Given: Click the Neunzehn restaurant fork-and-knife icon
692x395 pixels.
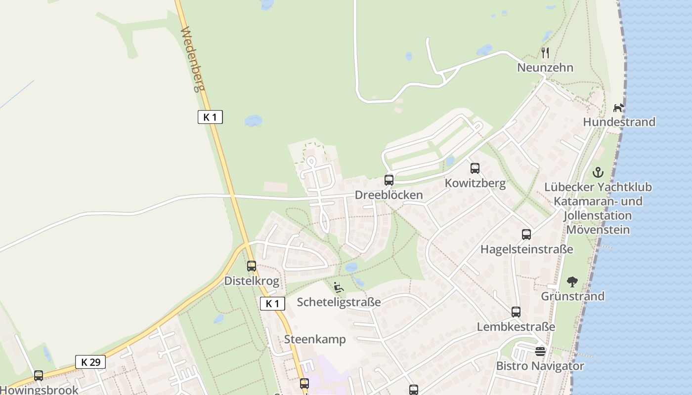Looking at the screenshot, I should click(545, 52).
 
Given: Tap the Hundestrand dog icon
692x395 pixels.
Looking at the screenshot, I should click(619, 107).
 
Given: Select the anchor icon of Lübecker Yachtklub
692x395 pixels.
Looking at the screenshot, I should click(598, 172).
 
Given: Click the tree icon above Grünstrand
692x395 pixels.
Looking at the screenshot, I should click(572, 282).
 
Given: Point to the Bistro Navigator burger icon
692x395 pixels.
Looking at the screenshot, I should click(540, 352).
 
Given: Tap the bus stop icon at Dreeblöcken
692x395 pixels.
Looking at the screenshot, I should click(389, 180).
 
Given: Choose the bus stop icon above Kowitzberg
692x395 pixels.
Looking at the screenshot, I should click(475, 168).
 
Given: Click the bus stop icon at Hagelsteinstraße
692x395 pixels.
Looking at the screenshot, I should click(526, 235).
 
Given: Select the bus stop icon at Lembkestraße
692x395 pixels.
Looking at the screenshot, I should click(516, 312).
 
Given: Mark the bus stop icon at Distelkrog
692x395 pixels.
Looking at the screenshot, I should click(252, 266).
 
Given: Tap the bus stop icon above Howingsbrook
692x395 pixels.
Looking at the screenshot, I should click(39, 376).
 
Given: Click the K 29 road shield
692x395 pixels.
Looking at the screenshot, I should click(90, 362).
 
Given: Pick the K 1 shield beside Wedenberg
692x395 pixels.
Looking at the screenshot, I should click(210, 117).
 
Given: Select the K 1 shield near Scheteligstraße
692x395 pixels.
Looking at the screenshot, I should click(272, 304).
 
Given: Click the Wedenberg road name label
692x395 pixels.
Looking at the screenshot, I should click(192, 59).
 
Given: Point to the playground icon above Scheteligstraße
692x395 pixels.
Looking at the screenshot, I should click(339, 287).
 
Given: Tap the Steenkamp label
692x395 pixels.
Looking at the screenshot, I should click(315, 340).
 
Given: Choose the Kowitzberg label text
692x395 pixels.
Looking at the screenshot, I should click(475, 184).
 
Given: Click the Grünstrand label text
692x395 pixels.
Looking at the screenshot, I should click(572, 296).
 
